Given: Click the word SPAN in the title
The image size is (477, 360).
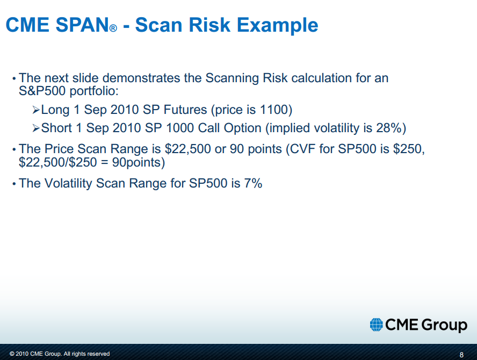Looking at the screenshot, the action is pyautogui.click(x=82, y=25).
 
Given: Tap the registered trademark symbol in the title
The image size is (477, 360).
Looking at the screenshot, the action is pyautogui.click(x=113, y=28).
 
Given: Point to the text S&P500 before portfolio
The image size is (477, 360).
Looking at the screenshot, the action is pyautogui.click(x=42, y=91).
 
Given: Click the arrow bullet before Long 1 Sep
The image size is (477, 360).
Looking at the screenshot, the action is pyautogui.click(x=36, y=110).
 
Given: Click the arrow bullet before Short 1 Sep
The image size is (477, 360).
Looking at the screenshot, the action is pyautogui.click(x=36, y=128).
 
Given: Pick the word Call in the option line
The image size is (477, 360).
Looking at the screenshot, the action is pyautogui.click(x=208, y=128).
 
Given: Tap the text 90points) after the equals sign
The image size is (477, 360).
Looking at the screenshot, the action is pyautogui.click(x=139, y=162).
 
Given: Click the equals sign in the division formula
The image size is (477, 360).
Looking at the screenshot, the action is pyautogui.click(x=104, y=163).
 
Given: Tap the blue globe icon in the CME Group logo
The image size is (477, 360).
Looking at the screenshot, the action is pyautogui.click(x=377, y=325).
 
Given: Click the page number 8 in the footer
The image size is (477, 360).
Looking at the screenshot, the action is pyautogui.click(x=461, y=355).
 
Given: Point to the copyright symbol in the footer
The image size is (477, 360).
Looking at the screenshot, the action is pyautogui.click(x=12, y=354).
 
